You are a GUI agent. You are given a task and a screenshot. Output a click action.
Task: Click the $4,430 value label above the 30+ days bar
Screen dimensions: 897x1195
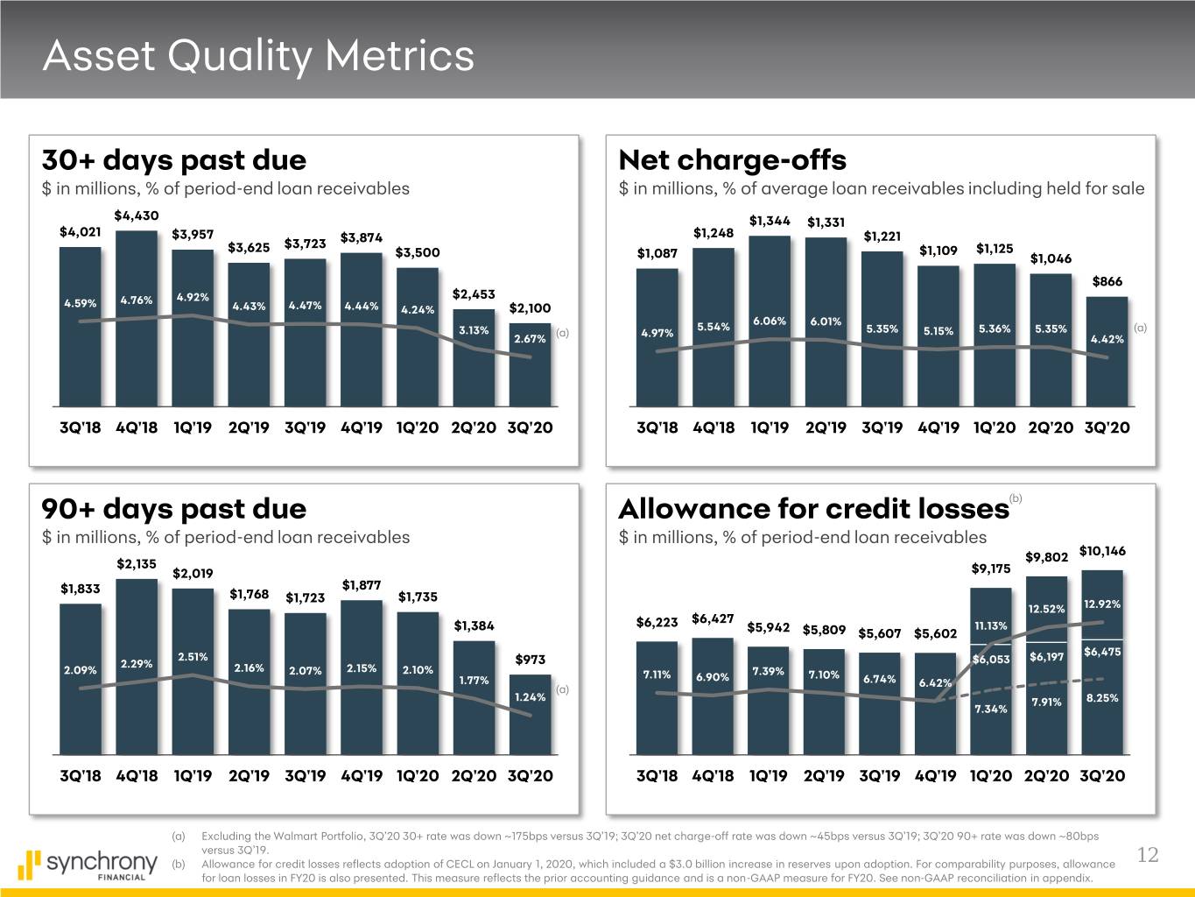click(136, 215)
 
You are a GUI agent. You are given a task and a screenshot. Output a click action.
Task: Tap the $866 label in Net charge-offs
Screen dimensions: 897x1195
click(1107, 281)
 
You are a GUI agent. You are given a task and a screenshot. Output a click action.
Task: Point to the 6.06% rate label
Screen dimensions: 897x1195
click(770, 321)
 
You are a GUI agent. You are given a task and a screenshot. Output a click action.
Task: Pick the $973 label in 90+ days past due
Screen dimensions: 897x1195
click(531, 660)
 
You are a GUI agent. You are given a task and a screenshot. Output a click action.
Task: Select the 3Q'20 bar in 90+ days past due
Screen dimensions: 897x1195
click(530, 714)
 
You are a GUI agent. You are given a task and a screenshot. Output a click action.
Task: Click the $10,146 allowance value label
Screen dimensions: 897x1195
click(1102, 551)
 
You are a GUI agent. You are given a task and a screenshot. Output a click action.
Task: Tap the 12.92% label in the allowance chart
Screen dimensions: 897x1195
click(1101, 604)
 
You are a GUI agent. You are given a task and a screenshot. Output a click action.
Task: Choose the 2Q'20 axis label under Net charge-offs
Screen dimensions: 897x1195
click(1051, 428)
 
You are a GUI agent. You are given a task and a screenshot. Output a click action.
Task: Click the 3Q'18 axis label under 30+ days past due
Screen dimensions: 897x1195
click(81, 428)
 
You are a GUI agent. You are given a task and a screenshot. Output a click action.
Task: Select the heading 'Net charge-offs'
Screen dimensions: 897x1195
click(732, 160)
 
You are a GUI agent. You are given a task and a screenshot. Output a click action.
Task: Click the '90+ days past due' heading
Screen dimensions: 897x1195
click(173, 509)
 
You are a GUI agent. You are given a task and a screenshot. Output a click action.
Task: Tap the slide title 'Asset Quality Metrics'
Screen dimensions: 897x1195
click(258, 56)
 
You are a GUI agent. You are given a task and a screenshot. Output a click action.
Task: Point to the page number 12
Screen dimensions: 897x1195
click(1147, 855)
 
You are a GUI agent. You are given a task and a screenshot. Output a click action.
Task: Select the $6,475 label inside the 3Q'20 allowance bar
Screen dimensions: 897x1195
click(1101, 652)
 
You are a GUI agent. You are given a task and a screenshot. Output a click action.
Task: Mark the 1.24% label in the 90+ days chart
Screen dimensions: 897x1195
click(530, 697)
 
